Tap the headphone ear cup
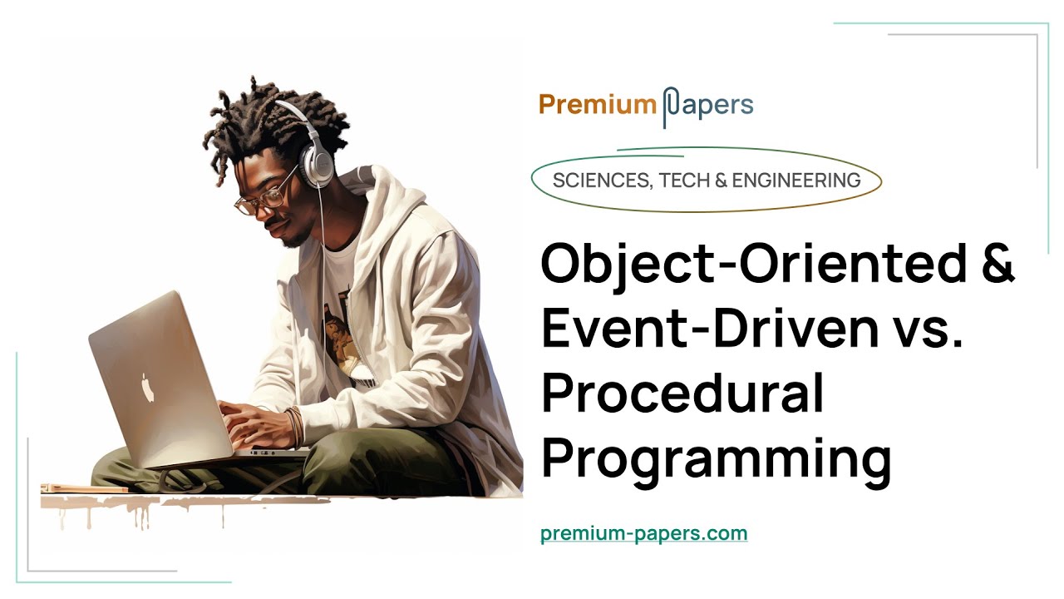[x=317, y=166]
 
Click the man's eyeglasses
[x=266, y=196]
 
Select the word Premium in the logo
[x=597, y=105]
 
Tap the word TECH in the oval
[x=680, y=180]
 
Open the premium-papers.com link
[x=643, y=533]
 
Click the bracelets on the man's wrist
[x=293, y=424]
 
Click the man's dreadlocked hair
[x=266, y=125]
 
